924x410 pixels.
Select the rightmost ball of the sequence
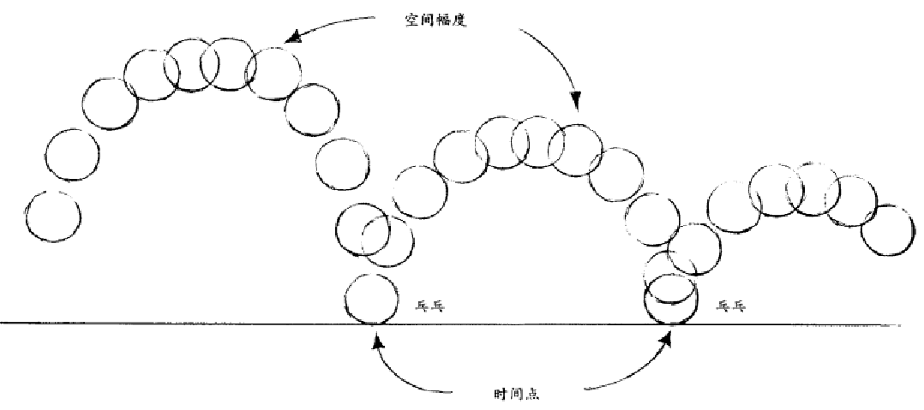point(887,229)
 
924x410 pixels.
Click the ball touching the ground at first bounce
point(371,299)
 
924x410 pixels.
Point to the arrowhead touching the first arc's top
point(291,39)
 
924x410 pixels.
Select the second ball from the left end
point(73,154)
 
